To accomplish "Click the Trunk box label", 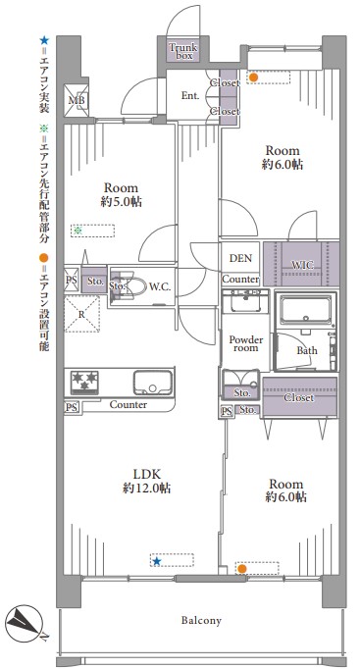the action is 183,51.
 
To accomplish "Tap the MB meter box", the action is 77,101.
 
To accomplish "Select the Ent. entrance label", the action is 190,96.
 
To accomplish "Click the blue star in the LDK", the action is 157,561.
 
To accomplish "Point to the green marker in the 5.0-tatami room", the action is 77,231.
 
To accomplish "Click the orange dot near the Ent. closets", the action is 253,77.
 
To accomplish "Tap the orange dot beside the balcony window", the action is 242,568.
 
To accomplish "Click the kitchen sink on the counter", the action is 153,383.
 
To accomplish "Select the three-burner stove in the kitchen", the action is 84,381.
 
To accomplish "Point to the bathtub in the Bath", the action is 306,310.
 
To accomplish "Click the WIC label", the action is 302,265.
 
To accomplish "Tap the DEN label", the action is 240,258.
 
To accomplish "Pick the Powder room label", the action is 246,343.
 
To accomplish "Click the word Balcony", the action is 201,620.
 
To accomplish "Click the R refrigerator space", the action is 81,314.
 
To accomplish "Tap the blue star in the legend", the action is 44,40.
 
